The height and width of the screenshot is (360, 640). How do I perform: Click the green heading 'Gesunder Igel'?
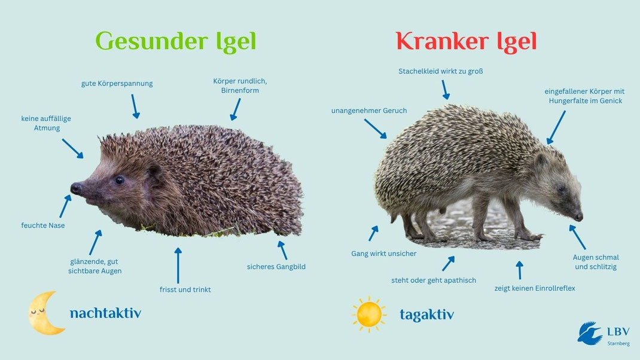(x=176, y=42)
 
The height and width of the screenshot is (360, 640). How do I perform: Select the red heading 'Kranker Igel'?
(x=466, y=42)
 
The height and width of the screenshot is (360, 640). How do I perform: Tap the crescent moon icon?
(x=47, y=313)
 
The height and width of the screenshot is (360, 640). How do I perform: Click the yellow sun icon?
(x=369, y=314)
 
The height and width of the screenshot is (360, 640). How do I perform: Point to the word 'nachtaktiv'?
(x=105, y=313)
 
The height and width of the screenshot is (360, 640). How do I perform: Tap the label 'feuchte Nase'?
(x=43, y=225)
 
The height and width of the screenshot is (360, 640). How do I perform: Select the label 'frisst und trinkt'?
(x=185, y=289)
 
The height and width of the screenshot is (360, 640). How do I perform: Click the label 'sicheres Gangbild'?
(x=276, y=267)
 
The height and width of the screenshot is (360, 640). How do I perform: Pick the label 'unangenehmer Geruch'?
(x=369, y=111)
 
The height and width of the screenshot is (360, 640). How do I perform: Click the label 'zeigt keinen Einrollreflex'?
(x=535, y=288)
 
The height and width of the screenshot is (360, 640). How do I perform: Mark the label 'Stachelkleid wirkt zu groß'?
(x=441, y=71)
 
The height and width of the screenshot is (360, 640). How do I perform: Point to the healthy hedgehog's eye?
(x=120, y=179)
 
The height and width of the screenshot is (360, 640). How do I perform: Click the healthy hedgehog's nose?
(x=76, y=188)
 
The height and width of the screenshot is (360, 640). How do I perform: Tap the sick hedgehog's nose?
(x=578, y=216)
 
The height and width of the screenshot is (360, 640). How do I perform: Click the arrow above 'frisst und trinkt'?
(x=178, y=265)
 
